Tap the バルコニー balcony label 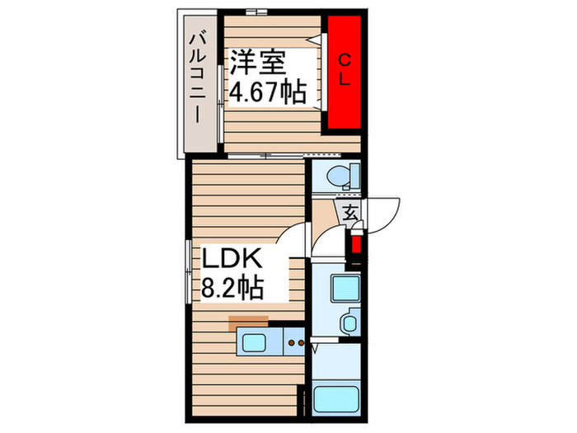(x=199, y=76)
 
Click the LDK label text (x=232, y=261)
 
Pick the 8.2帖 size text (x=232, y=288)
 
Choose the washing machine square (x=344, y=288)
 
